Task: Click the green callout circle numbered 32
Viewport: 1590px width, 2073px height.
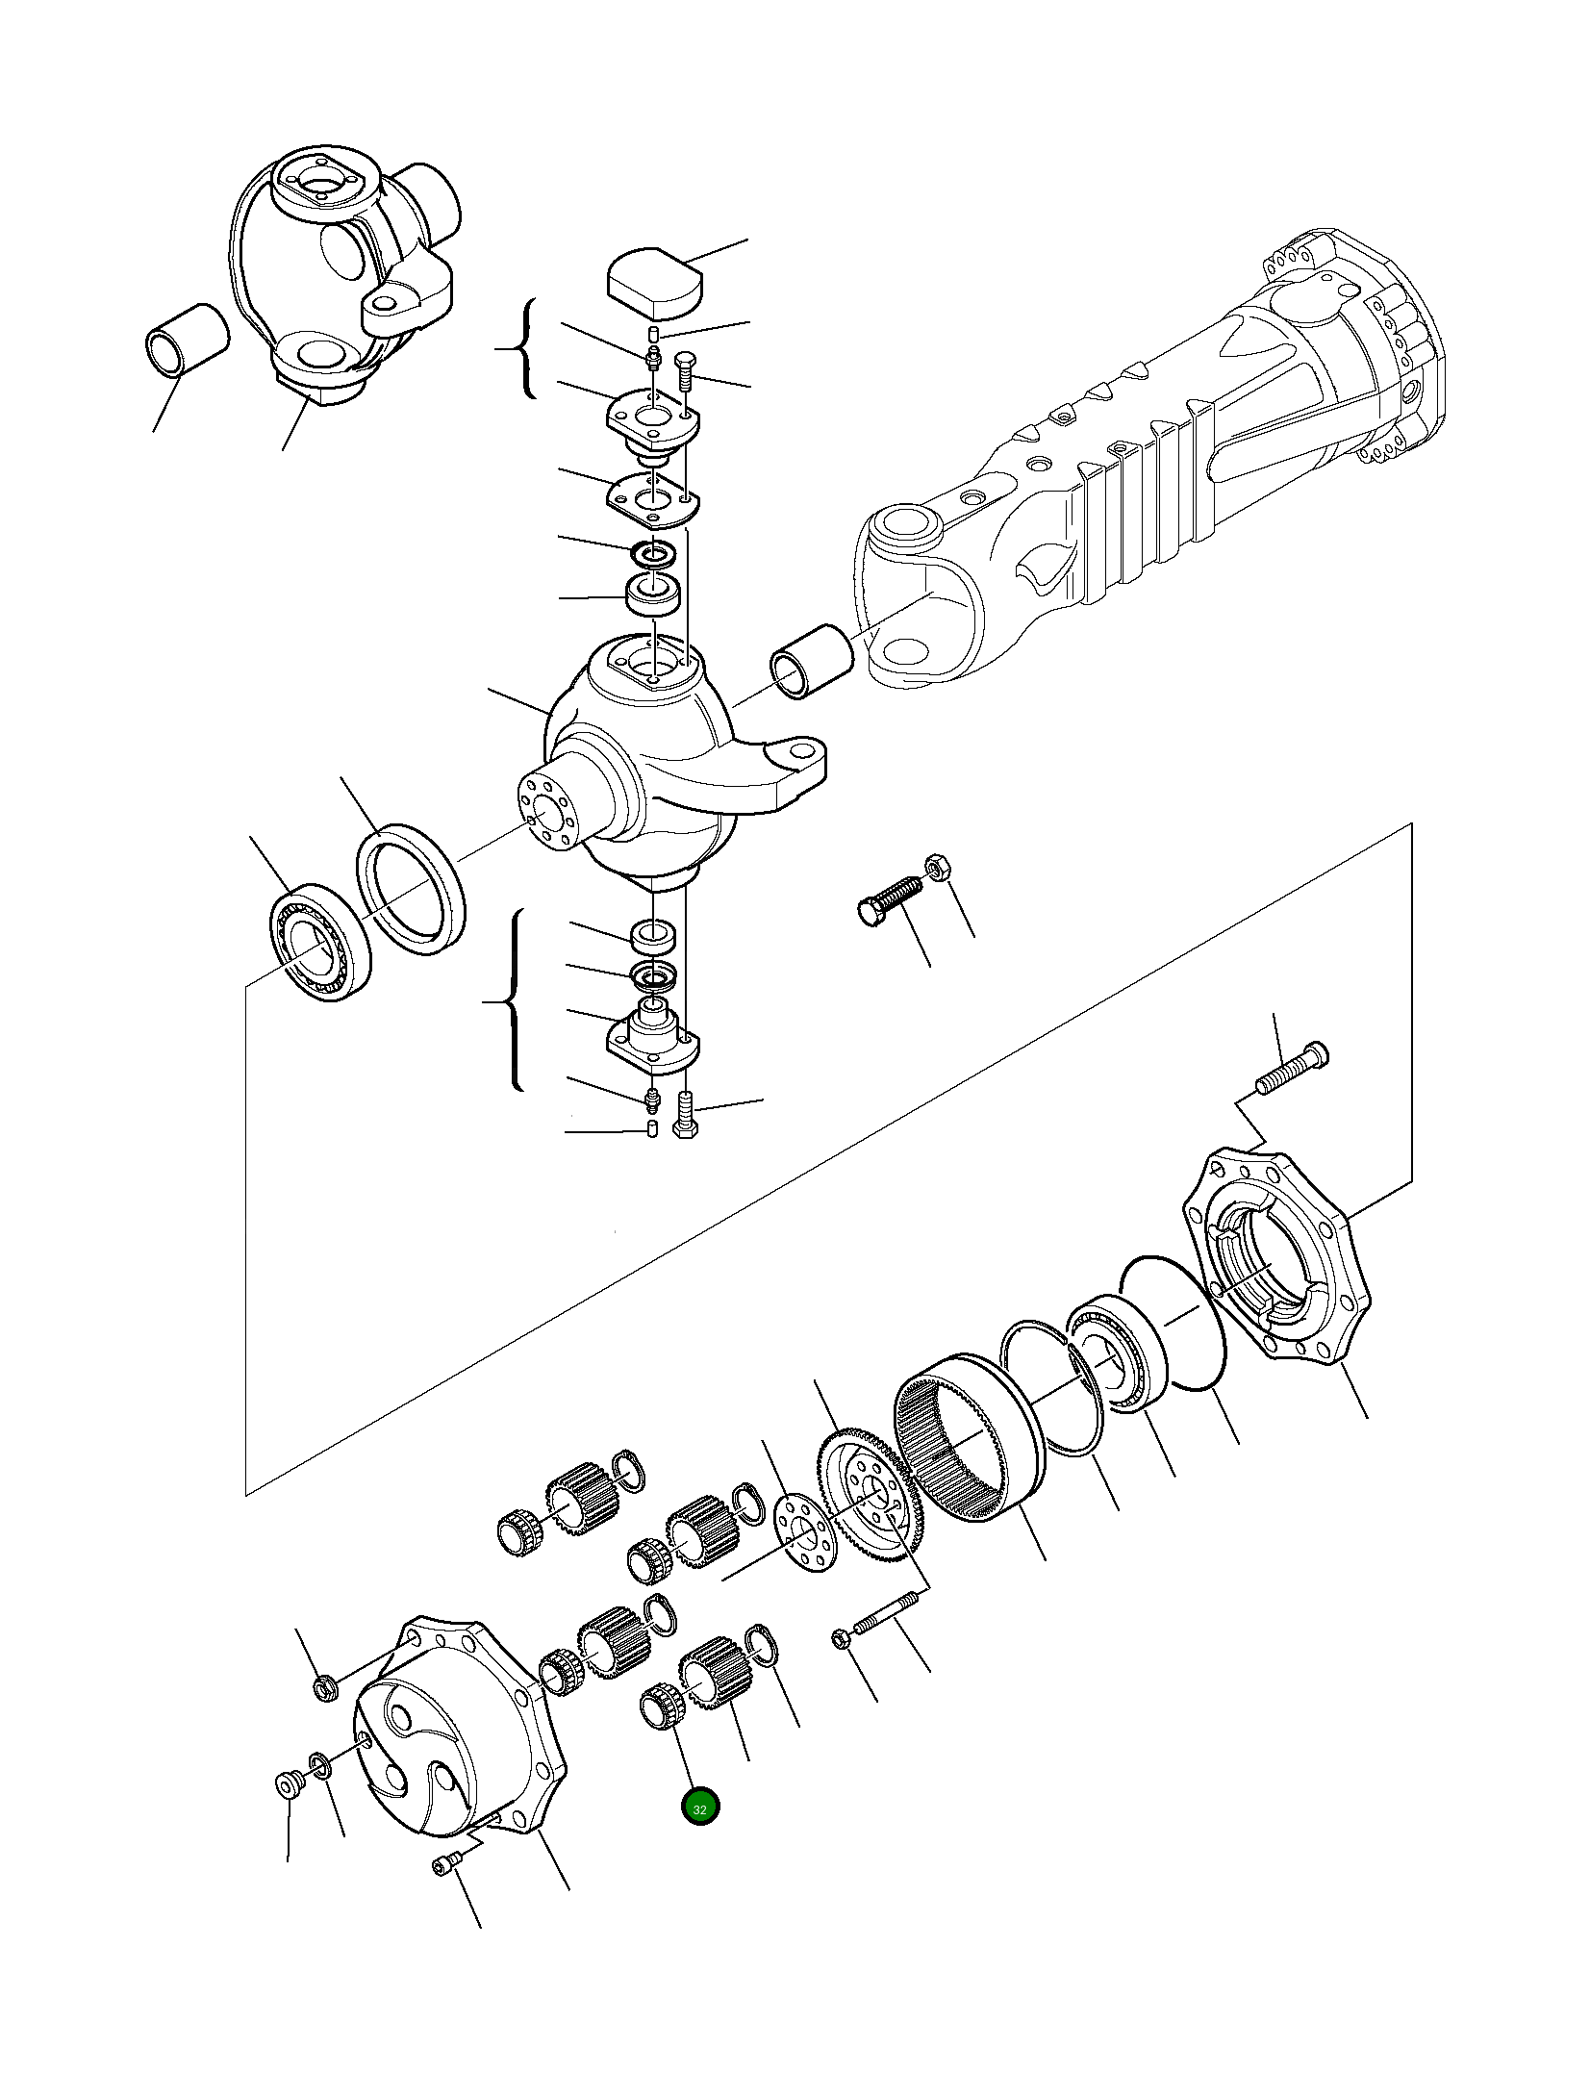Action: tap(699, 1808)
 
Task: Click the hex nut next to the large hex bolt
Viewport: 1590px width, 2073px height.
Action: tap(937, 866)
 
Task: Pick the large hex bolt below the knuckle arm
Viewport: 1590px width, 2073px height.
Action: tap(889, 900)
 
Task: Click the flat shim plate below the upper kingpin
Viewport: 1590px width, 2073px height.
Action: tap(652, 498)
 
